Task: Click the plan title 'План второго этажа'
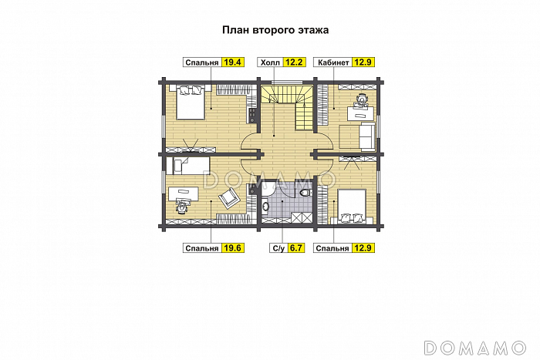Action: click(275, 30)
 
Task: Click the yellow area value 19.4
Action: click(232, 62)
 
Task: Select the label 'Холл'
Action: click(270, 62)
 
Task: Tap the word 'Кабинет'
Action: click(333, 62)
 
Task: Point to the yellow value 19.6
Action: click(232, 247)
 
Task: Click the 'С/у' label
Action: click(278, 247)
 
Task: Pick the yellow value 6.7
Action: click(296, 247)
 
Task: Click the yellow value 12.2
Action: click(295, 62)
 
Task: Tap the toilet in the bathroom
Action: click(305, 192)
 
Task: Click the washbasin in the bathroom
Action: click(265, 206)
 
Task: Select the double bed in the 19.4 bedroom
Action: click(190, 103)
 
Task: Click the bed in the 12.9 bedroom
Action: click(351, 206)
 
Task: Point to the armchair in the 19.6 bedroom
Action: click(228, 199)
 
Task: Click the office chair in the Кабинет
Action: click(362, 99)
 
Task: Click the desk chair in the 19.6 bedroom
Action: click(181, 206)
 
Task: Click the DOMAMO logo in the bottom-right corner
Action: click(475, 348)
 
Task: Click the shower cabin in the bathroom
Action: click(302, 218)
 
